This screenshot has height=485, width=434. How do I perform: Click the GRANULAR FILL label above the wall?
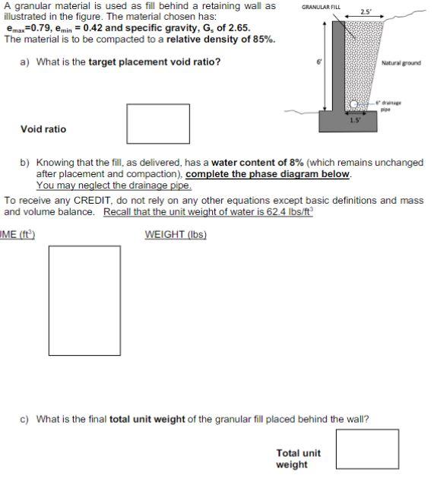tap(322, 7)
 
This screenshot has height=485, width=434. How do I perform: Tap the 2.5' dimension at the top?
tap(366, 12)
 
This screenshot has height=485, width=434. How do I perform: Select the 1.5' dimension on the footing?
tap(354, 119)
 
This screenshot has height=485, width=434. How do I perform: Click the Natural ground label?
tap(401, 63)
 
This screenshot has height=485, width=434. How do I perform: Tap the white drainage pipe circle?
tap(354, 104)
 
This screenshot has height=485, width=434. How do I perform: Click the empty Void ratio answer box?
tap(158, 123)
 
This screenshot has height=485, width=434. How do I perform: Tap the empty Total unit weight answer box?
tap(367, 449)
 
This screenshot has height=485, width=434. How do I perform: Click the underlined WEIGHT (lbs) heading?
tap(176, 234)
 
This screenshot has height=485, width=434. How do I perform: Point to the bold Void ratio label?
tap(43, 129)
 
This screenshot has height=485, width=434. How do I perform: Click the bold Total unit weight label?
tap(298, 458)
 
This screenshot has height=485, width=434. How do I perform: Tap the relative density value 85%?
tap(261, 39)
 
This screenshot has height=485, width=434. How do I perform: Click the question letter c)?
tap(25, 419)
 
